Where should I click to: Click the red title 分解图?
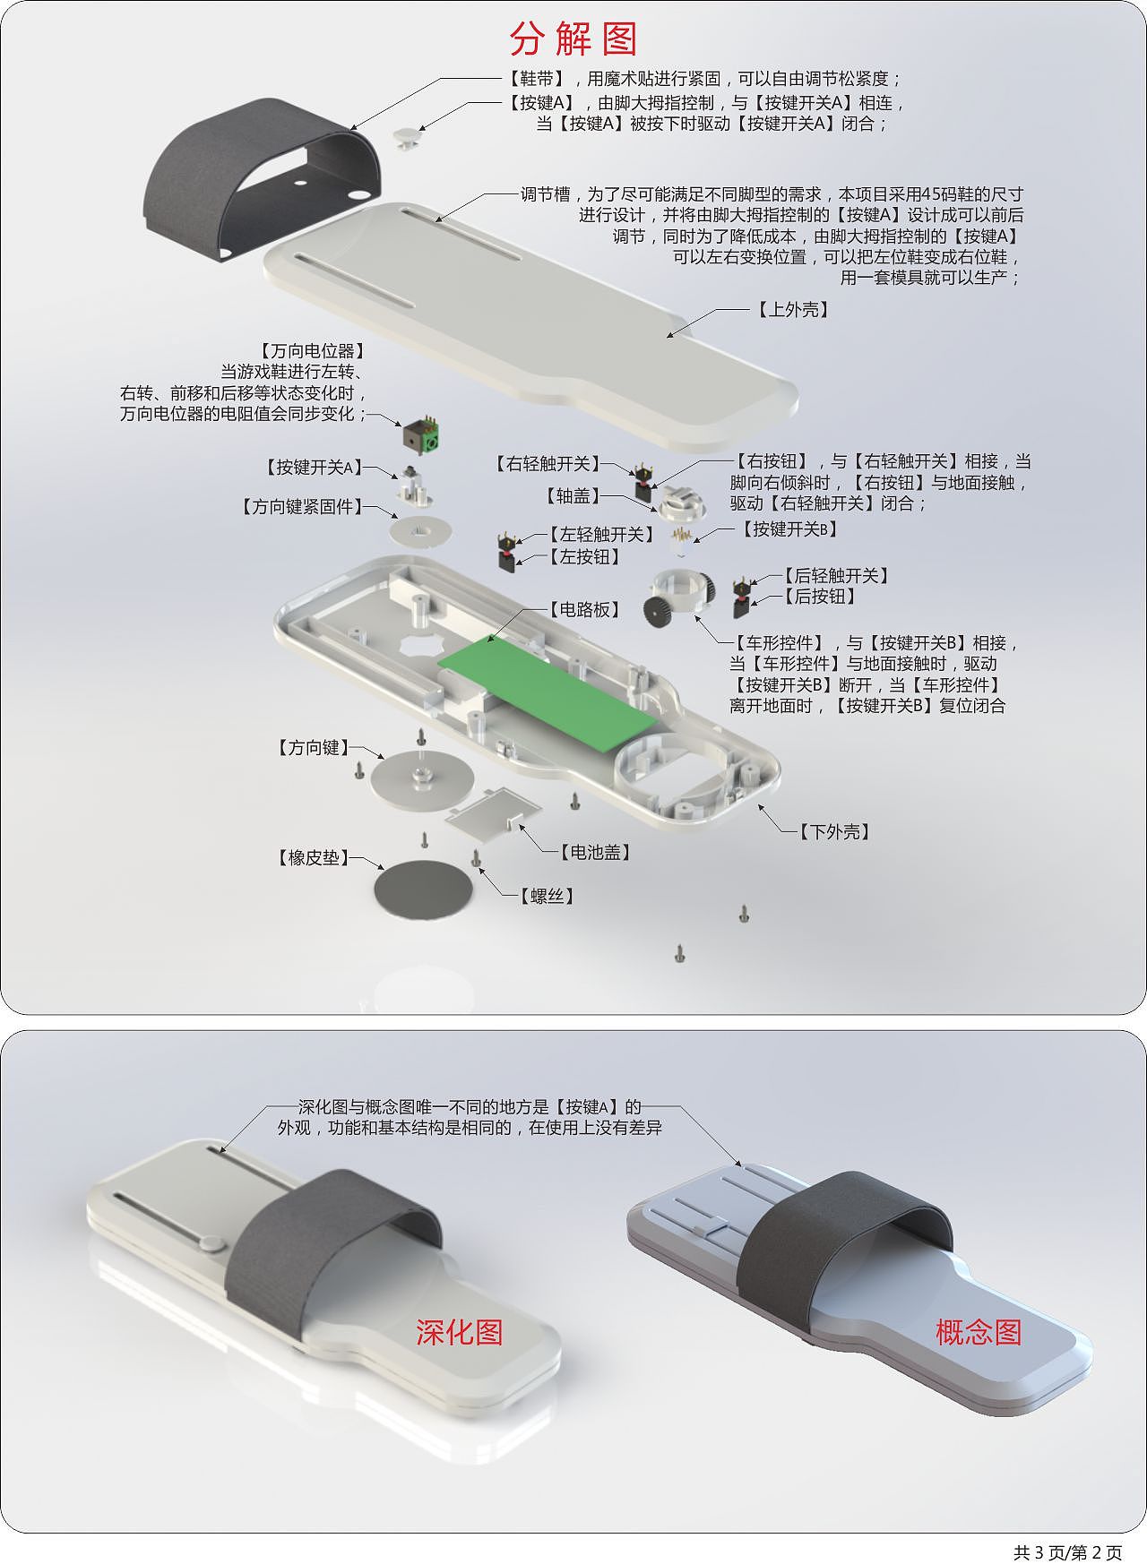click(573, 39)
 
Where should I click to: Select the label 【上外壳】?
click(793, 310)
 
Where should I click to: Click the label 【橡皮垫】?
click(313, 858)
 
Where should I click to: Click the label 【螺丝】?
click(547, 896)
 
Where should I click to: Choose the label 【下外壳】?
click(834, 832)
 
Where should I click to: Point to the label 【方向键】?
click(313, 748)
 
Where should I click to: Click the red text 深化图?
click(459, 1333)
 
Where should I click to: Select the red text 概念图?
click(979, 1333)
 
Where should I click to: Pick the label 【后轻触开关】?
click(836, 576)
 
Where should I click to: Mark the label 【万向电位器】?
click(313, 351)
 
